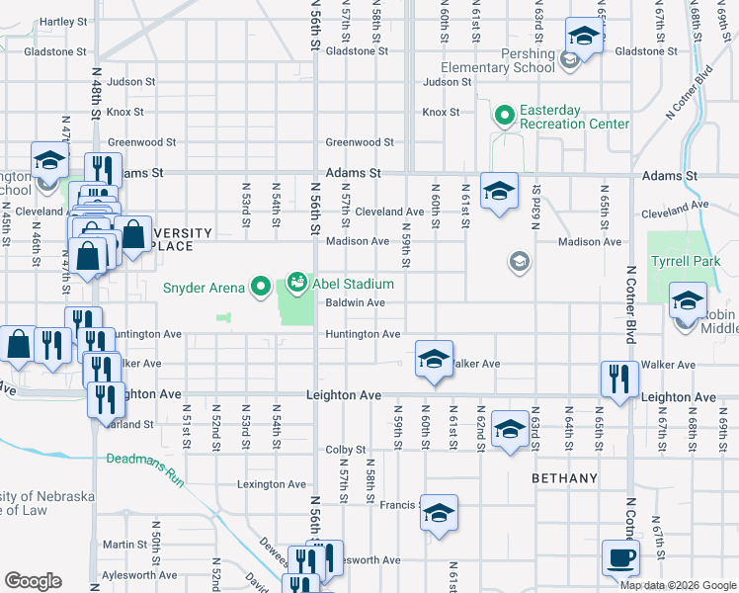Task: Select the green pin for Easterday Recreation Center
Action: [x=505, y=117]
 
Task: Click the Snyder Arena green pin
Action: [x=261, y=288]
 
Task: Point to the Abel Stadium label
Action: [x=339, y=284]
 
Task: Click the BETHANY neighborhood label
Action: [x=564, y=478]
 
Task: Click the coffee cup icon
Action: [x=621, y=557]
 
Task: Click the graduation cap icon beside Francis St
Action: [x=440, y=513]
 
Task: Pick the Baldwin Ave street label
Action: [x=355, y=302]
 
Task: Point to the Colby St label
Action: [x=346, y=450]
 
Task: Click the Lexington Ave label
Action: [x=272, y=484]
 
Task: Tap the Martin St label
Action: [x=124, y=544]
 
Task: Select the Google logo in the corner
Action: [x=34, y=581]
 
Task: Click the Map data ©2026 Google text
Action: [x=678, y=585]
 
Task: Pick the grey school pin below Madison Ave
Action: [x=518, y=262]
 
